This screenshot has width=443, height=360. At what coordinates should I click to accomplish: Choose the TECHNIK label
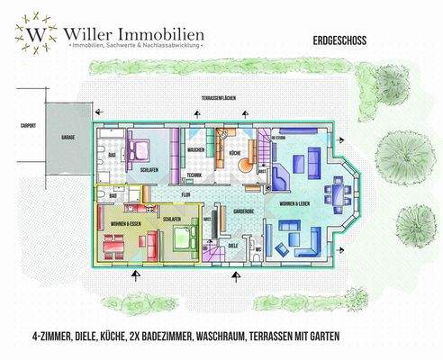(194, 175)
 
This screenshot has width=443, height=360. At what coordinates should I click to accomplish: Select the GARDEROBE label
(243, 211)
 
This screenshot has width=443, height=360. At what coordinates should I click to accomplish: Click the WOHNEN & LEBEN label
(294, 205)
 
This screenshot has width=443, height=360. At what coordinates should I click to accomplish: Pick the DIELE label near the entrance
(232, 244)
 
